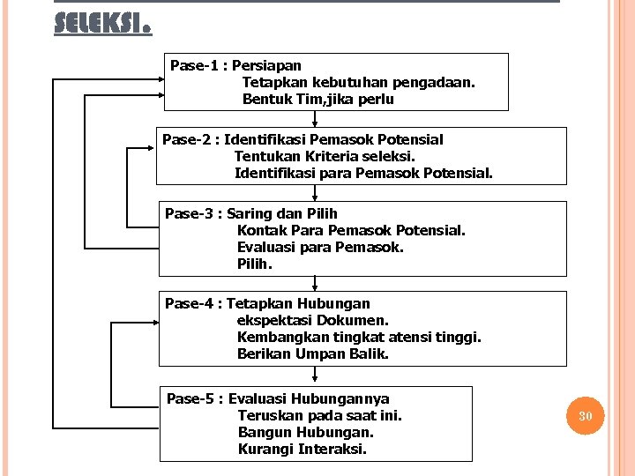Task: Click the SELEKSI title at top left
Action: click(x=102, y=22)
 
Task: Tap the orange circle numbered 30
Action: click(x=586, y=415)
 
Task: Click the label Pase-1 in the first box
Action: click(x=195, y=65)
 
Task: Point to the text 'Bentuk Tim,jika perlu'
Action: click(x=318, y=100)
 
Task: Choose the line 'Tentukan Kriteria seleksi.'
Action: click(x=325, y=156)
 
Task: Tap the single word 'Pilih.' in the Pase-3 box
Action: click(x=255, y=264)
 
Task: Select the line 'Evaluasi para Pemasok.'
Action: click(x=320, y=247)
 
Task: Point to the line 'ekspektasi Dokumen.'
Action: click(x=313, y=320)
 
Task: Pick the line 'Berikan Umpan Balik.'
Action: click(x=313, y=353)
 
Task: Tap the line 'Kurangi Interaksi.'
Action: click(x=303, y=449)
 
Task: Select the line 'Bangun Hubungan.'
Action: click(x=306, y=432)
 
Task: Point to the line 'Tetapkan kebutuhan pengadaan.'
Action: click(x=359, y=82)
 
